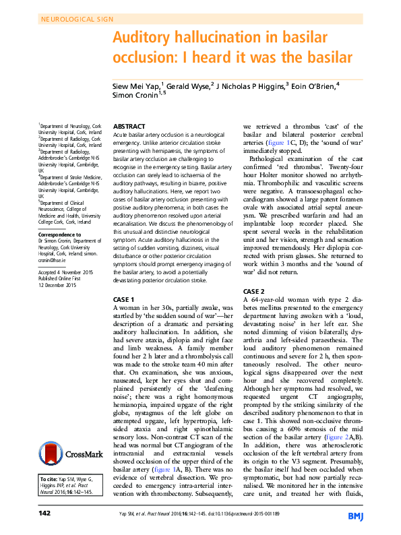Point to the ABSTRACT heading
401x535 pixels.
[129, 126]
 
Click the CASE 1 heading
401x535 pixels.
[125, 298]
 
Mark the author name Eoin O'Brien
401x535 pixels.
[312, 86]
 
